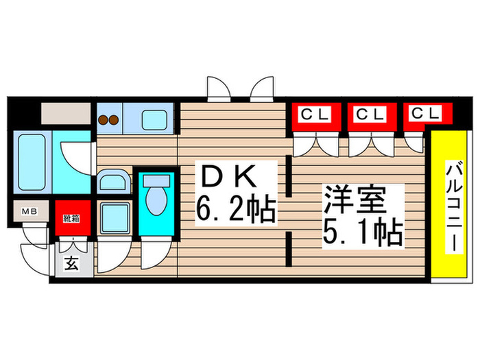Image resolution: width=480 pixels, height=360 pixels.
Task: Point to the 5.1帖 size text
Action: click(x=362, y=233)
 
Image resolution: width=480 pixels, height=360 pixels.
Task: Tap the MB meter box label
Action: click(x=30, y=211)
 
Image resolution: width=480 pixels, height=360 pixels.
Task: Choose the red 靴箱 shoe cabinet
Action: click(x=71, y=218)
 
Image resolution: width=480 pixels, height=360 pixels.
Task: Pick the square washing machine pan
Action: click(x=114, y=218)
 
